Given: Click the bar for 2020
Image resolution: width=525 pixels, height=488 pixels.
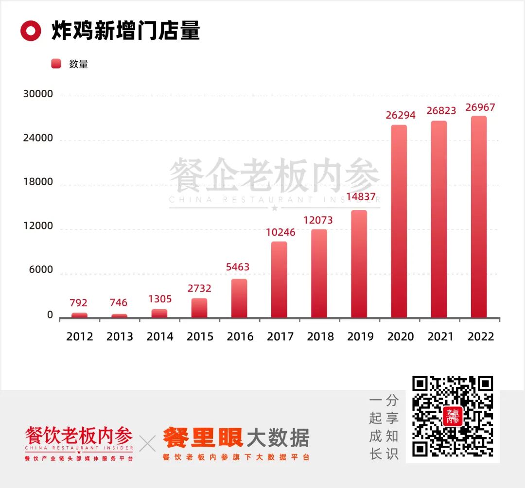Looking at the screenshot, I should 399,221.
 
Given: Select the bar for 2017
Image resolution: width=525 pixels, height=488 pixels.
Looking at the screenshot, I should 279,279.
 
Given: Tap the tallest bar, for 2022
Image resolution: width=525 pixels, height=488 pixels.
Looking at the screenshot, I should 479,217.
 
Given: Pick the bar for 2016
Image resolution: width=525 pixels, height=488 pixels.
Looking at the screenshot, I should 239,298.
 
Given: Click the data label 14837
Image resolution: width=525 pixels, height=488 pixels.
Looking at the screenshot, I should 361,197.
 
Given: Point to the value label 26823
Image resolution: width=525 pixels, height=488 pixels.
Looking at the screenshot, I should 441,111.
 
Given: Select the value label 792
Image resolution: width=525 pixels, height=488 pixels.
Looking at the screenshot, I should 78,303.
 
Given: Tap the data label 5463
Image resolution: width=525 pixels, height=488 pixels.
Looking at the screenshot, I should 238,267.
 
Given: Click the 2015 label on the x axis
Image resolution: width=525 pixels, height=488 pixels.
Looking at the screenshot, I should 199,336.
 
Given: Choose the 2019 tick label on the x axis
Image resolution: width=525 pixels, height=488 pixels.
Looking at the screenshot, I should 360,336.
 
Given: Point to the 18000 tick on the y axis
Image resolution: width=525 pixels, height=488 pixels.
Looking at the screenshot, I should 38,182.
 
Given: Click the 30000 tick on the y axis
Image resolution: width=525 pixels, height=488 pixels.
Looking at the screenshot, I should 38,94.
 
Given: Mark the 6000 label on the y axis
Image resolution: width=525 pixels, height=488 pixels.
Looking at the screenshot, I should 41,271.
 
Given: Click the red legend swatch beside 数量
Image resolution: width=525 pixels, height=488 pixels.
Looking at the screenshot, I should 56,64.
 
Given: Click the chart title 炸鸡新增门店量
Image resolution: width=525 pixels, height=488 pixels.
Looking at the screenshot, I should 125,31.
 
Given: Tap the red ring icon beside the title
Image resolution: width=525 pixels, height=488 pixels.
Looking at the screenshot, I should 31,31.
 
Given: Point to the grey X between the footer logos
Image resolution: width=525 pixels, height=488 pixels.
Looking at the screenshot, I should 148,443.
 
